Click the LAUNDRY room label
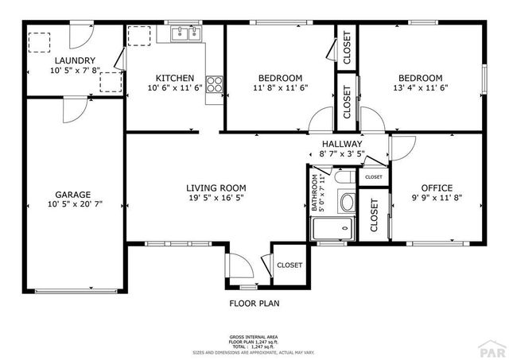tap(76, 60)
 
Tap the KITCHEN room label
tap(175, 78)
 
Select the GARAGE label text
tap(72, 194)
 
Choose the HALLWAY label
tap(343, 144)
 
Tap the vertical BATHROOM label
tap(316, 192)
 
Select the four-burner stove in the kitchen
tap(214, 84)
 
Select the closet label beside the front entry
tap(289, 265)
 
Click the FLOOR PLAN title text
tap(254, 303)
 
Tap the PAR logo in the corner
tap(488, 348)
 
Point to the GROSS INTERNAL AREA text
tap(254, 338)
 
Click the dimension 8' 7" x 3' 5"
tap(343, 154)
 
